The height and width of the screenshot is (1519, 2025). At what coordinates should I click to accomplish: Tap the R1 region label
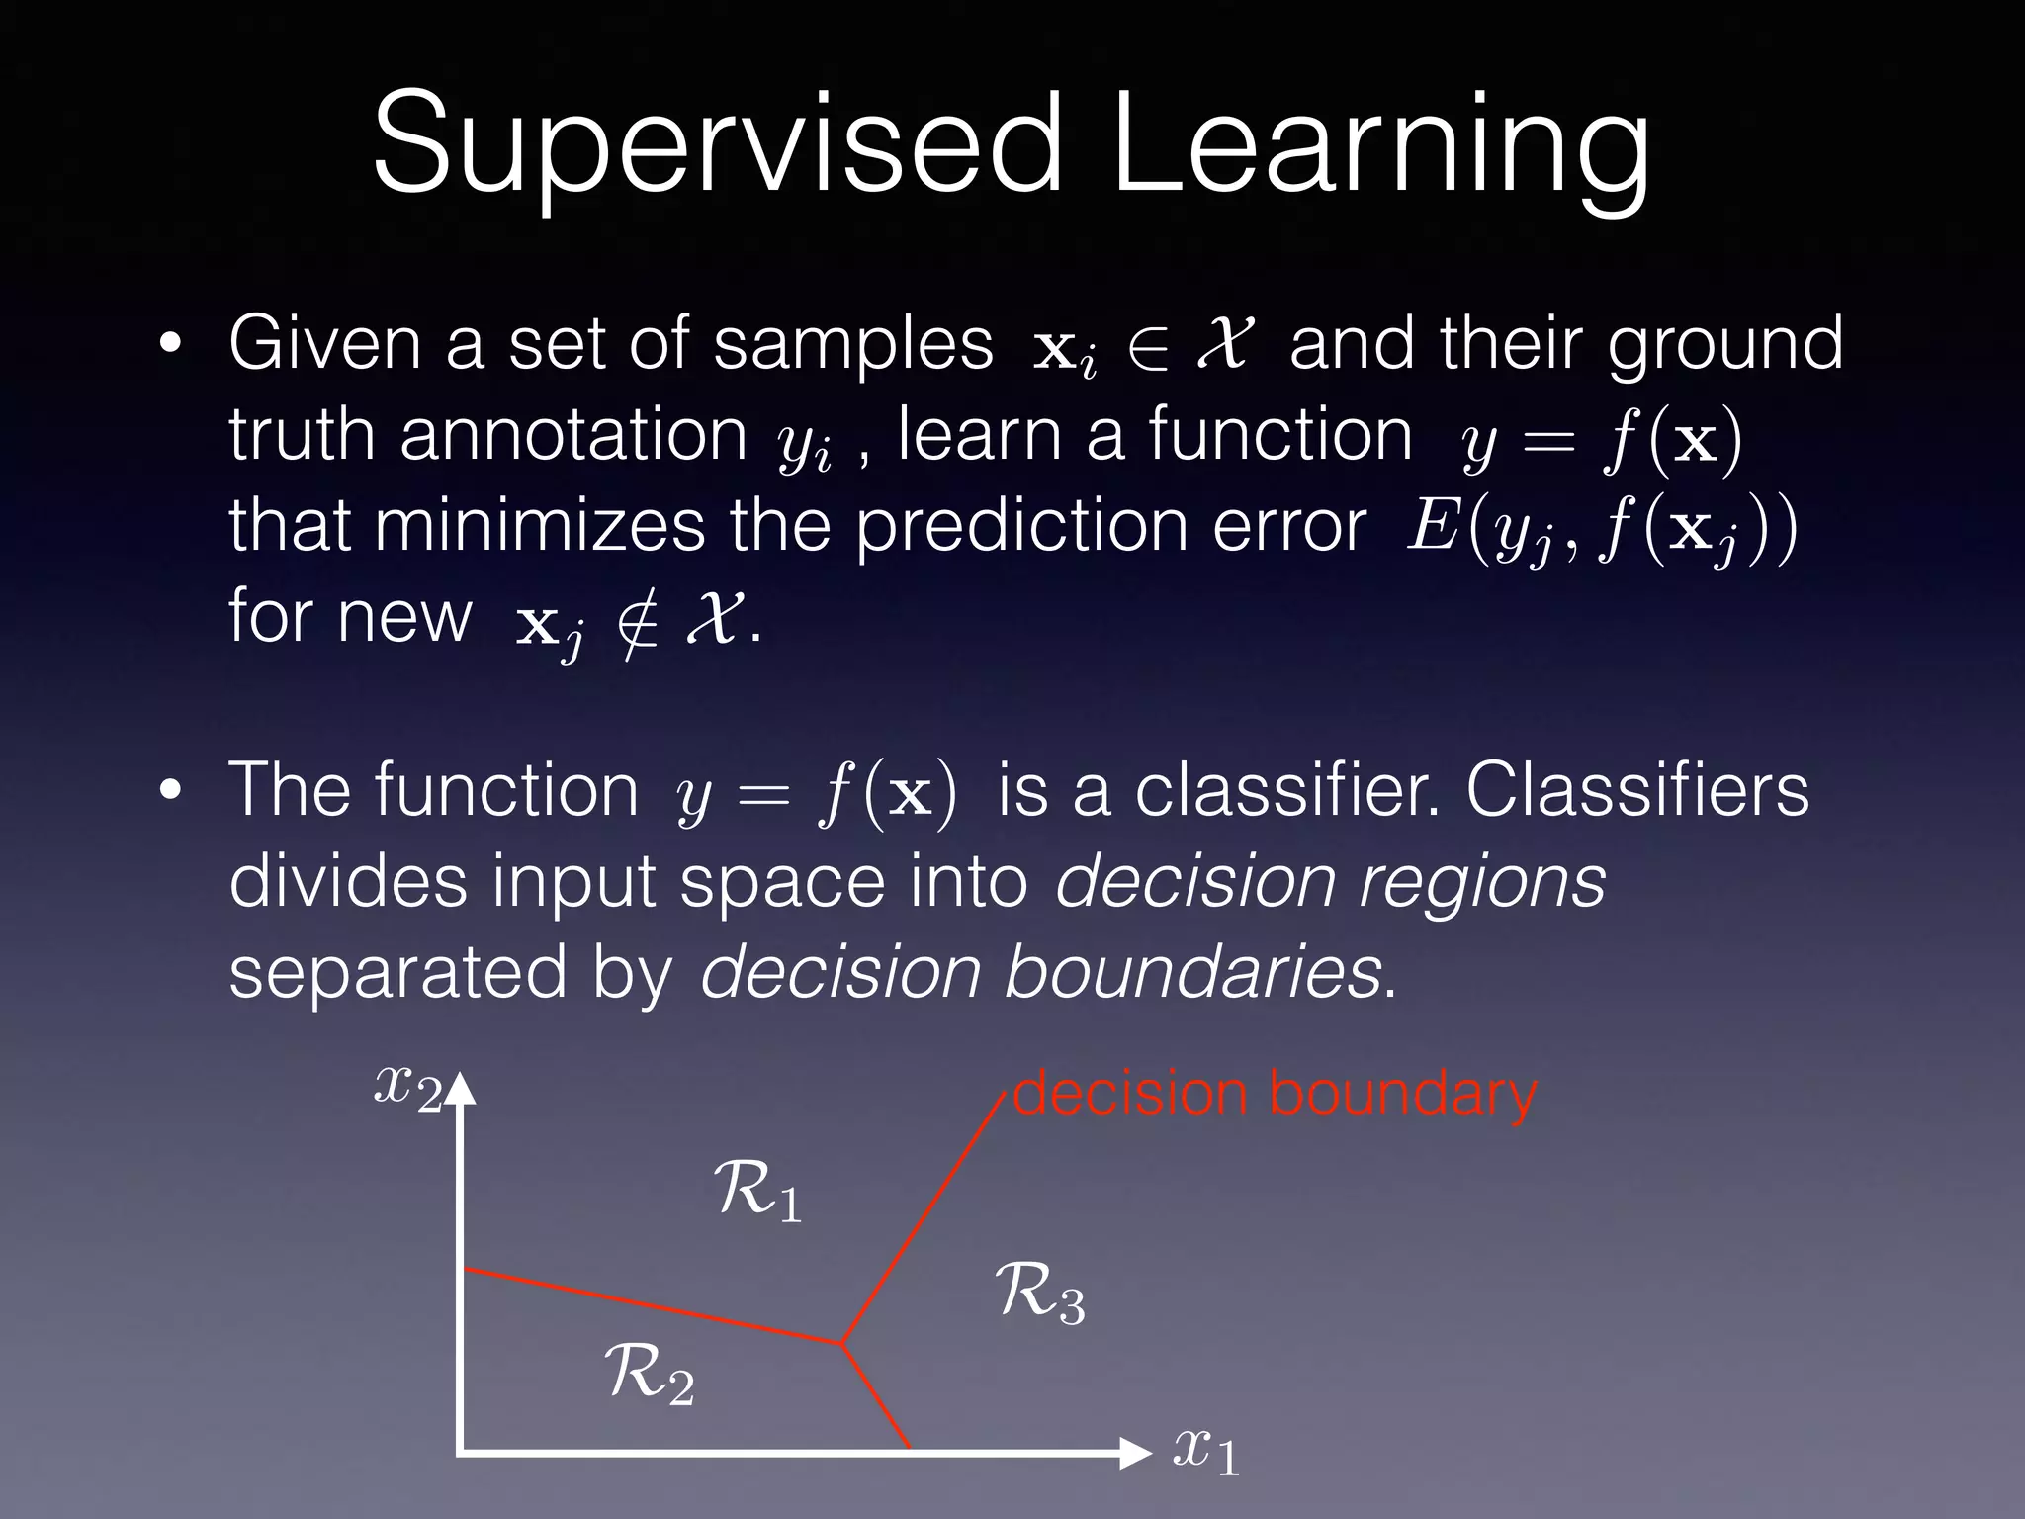[x=756, y=1192]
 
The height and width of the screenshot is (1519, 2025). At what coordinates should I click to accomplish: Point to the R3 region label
[x=1039, y=1294]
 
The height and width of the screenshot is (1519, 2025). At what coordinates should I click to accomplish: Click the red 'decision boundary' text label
[x=1276, y=1096]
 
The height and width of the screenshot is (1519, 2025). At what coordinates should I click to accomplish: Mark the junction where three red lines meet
[x=840, y=1343]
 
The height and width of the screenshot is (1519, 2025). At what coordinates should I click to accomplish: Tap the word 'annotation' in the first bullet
[x=573, y=435]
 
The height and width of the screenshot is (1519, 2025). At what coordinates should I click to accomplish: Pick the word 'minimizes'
[x=539, y=526]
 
